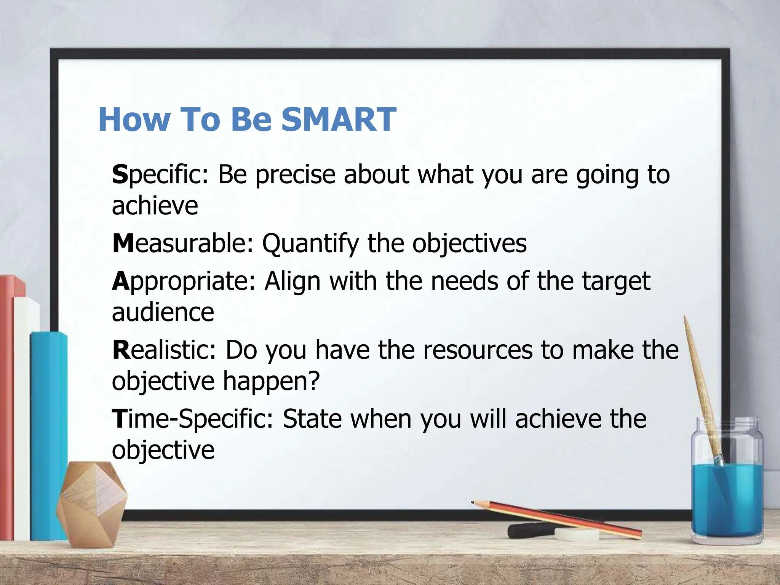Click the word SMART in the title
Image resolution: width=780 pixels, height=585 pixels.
339,120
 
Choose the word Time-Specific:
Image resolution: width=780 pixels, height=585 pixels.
192,419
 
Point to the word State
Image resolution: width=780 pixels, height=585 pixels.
312,419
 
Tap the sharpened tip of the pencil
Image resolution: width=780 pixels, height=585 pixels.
473,503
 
